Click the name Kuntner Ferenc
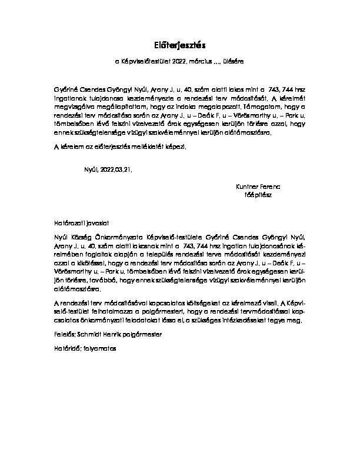(258, 184)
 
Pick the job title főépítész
(259, 192)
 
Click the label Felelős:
(64, 335)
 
